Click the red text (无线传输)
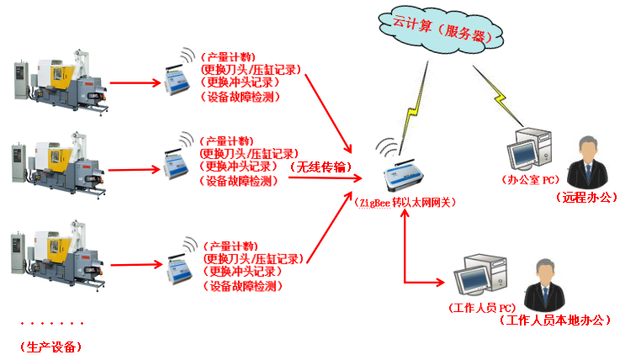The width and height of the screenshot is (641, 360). tap(320, 167)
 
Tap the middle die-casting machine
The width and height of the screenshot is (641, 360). tap(59, 161)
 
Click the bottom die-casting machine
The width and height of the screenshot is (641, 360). tap(59, 251)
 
